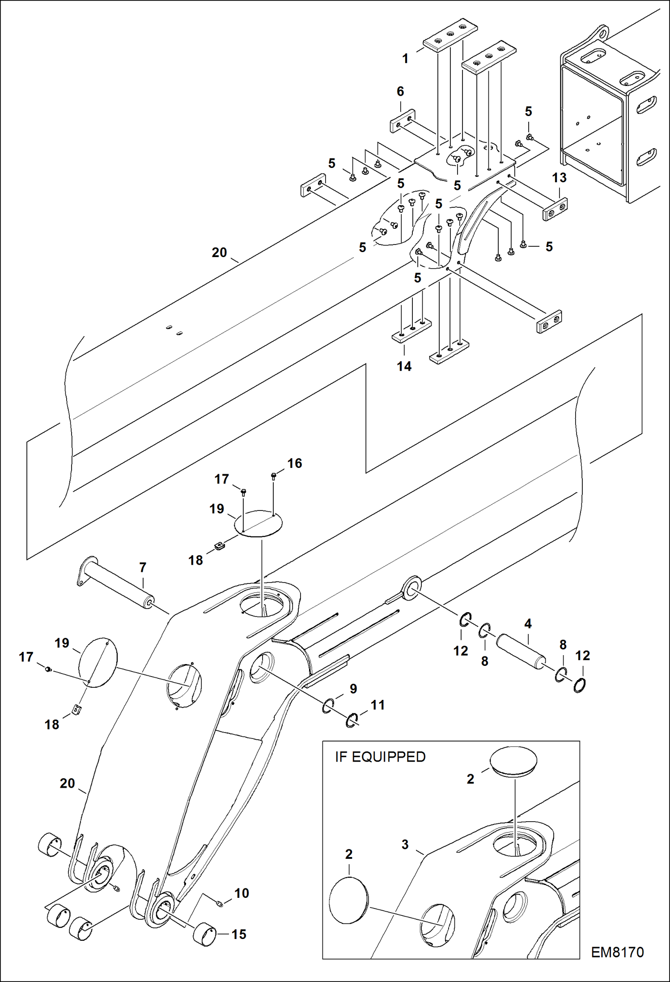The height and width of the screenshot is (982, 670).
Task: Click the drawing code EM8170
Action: tap(617, 952)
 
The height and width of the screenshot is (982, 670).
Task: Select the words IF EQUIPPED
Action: tap(380, 757)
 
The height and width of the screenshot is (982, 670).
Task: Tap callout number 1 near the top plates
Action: tap(405, 59)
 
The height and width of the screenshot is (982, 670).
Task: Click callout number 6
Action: tap(400, 91)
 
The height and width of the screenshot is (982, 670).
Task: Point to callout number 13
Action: tap(559, 178)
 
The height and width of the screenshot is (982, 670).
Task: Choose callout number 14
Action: tap(404, 366)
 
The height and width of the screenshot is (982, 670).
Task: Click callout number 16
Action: tap(295, 463)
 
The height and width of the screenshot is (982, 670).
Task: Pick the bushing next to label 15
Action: tap(205, 935)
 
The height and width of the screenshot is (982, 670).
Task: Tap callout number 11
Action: tap(377, 705)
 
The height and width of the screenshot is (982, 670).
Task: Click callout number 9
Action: tap(353, 689)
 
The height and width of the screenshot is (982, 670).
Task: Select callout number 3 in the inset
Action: tap(405, 845)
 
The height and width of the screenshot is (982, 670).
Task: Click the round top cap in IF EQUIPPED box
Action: tap(513, 760)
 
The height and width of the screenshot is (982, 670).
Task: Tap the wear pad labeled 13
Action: tap(555, 209)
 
